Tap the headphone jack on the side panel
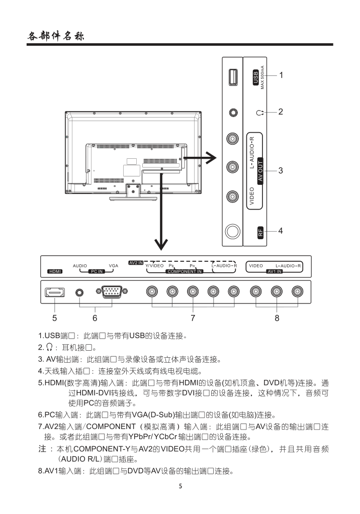pyautogui.click(x=232, y=114)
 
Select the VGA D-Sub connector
pyautogui.click(x=112, y=292)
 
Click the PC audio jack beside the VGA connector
pyautogui.click(x=79, y=292)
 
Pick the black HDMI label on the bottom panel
pyautogui.click(x=54, y=271)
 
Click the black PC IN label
pyautogui.click(x=96, y=271)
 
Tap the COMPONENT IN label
pyautogui.click(x=184, y=271)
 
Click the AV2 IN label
pyautogui.click(x=136, y=262)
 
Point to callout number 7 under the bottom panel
pyautogui.click(x=193, y=318)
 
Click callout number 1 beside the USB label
pyautogui.click(x=282, y=75)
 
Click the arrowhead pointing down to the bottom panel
pyautogui.click(x=161, y=244)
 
